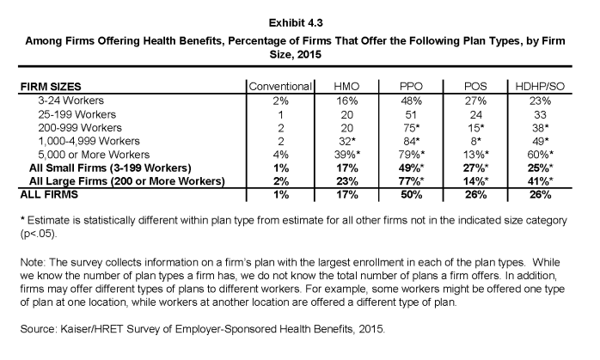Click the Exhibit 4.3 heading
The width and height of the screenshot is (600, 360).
click(x=296, y=23)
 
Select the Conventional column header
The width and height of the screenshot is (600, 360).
click(x=280, y=87)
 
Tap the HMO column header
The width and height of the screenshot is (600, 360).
click(x=346, y=87)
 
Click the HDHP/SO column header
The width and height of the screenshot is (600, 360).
click(x=540, y=87)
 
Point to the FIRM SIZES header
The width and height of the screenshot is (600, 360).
click(x=51, y=87)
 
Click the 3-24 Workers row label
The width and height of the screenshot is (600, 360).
click(x=70, y=101)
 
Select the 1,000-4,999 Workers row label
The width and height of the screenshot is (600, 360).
click(x=89, y=141)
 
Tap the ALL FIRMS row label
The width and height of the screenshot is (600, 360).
click(x=49, y=195)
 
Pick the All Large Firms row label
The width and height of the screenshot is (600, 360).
click(x=127, y=181)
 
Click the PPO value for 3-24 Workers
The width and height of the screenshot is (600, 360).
click(x=412, y=101)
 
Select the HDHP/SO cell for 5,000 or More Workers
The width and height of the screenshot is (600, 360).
click(x=540, y=155)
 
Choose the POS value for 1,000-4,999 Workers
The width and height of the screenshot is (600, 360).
click(x=475, y=141)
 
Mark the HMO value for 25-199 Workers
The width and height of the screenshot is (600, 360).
click(x=346, y=115)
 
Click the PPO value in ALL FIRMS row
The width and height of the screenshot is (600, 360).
click(x=412, y=195)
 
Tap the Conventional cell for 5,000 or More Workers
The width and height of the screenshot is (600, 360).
click(x=280, y=155)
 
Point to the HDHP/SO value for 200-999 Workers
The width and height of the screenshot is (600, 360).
click(x=540, y=128)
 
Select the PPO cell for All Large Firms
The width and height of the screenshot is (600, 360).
click(x=412, y=181)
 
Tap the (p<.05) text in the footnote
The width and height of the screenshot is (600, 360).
click(x=39, y=234)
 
